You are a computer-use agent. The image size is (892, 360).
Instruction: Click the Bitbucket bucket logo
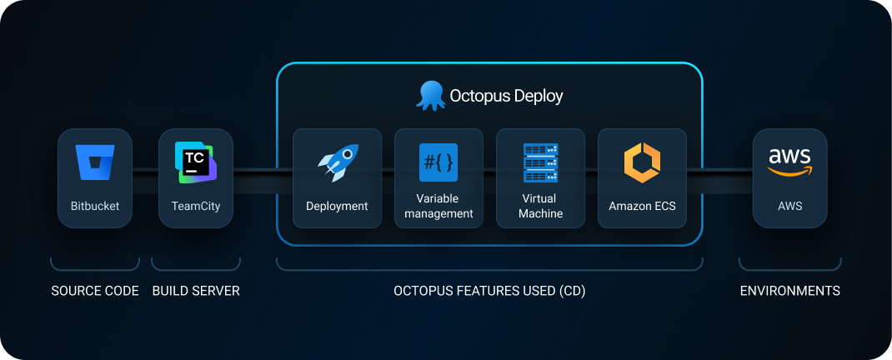(95, 162)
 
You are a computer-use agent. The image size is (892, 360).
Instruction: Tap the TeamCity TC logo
(195, 162)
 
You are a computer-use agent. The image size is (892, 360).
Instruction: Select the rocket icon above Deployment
(338, 162)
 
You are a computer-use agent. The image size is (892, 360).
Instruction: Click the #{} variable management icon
(438, 162)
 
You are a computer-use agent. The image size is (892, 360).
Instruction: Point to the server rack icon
(540, 162)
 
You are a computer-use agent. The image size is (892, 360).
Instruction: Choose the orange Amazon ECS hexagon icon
(642, 162)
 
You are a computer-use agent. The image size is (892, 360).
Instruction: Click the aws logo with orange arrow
(789, 162)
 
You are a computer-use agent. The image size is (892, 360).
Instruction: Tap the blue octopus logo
(430, 95)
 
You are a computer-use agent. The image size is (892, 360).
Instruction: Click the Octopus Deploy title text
(506, 96)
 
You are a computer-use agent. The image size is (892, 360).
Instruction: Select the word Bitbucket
(95, 206)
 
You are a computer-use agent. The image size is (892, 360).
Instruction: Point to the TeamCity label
(196, 206)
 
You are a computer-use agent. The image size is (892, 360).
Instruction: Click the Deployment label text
(337, 206)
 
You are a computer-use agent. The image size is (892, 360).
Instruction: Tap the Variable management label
(438, 206)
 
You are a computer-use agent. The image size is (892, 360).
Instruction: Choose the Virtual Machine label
(540, 206)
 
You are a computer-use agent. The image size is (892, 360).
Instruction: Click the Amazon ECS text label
(642, 206)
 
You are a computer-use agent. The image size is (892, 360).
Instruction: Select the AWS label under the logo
(789, 206)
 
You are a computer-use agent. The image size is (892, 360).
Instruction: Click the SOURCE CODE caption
(95, 292)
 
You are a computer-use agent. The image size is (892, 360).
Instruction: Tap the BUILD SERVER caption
(196, 292)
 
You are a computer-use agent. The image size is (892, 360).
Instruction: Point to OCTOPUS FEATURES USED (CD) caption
(489, 292)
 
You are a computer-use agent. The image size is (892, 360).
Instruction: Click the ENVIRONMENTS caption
(789, 292)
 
